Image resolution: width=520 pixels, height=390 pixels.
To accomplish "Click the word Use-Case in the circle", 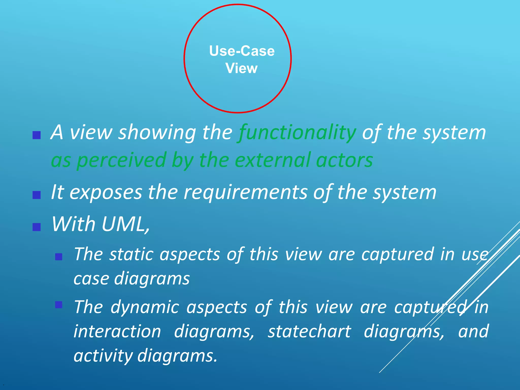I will point(242,51).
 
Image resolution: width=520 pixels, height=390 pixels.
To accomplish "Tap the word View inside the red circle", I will point(241,68).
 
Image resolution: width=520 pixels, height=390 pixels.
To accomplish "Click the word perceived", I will point(121,160).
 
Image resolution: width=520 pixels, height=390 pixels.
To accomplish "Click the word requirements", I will point(245,192).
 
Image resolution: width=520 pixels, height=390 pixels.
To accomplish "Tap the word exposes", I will point(105,192).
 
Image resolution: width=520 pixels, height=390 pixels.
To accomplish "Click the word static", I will point(131,254).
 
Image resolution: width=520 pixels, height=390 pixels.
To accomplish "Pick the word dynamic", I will point(145,307).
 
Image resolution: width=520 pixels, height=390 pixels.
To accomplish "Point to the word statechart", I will point(310,332).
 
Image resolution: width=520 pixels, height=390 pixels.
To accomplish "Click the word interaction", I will point(117,332).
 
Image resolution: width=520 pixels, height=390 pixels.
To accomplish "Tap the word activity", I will point(103,355).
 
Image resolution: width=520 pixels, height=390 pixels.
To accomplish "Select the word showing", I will point(157,133).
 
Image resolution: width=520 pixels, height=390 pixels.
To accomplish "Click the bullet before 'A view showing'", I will point(37,135).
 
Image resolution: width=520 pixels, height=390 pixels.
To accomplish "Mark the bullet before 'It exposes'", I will point(37,195).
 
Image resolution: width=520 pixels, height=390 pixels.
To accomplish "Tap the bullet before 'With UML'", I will point(37,227).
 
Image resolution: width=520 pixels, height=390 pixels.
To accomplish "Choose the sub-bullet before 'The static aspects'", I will point(59,257).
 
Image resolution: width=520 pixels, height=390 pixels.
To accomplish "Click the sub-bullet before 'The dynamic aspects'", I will point(59,305).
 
